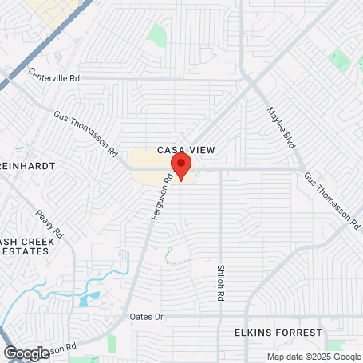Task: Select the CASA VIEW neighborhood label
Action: tap(187, 149)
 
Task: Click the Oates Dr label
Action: tap(146, 317)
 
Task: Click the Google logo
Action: tap(26, 353)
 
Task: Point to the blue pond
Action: tap(89, 300)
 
